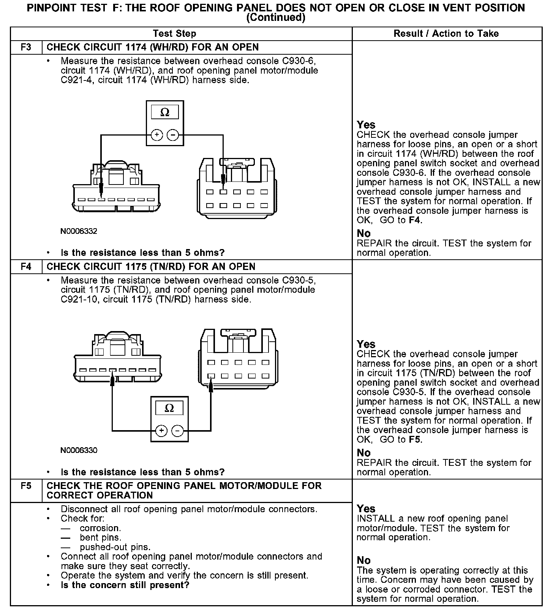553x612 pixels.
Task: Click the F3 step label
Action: tap(26, 47)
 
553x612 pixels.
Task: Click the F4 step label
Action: tap(26, 267)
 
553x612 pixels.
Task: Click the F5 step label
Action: tap(26, 486)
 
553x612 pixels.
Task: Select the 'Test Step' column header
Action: tap(174, 34)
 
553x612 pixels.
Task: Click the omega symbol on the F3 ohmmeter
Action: tap(165, 112)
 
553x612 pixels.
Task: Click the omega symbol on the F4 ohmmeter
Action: tap(169, 408)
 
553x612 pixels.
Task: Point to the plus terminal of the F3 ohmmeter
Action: tap(157, 135)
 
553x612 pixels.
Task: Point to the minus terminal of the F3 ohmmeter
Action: tap(173, 135)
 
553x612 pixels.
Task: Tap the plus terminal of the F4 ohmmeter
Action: tap(161, 431)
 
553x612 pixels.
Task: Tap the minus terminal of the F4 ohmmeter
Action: tap(177, 431)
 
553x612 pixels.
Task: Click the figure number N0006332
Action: tap(79, 231)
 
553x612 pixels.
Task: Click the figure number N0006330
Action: tap(79, 450)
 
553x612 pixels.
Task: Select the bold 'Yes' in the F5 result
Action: tap(366, 509)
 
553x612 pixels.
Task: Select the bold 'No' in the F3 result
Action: tap(363, 233)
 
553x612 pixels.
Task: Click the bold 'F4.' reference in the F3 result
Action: tap(416, 220)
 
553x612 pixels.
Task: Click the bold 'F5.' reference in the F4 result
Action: tap(416, 440)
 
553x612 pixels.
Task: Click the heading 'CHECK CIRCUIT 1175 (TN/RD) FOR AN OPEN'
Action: tap(151, 267)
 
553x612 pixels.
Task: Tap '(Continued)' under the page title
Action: tap(276, 18)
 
